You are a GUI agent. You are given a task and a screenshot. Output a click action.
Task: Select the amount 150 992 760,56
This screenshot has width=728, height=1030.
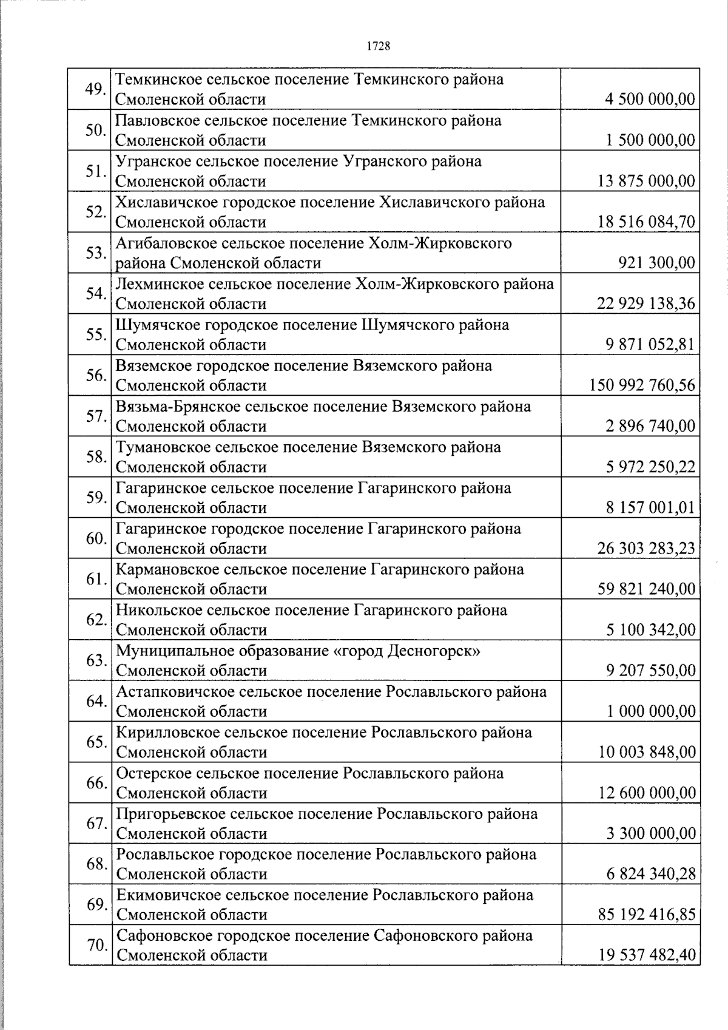pos(642,385)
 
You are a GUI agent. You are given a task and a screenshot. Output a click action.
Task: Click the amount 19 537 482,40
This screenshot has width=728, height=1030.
pos(646,956)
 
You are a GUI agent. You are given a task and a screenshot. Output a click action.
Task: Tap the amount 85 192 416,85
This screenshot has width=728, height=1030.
pos(646,915)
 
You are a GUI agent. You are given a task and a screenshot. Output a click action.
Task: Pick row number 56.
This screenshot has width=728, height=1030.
pos(96,375)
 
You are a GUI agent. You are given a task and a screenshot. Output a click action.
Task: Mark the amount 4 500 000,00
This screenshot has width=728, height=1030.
pos(650,99)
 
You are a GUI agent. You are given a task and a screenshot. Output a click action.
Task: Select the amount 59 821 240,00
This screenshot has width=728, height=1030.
pos(646,589)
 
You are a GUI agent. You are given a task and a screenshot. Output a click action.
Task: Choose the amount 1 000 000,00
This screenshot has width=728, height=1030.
pos(652,711)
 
